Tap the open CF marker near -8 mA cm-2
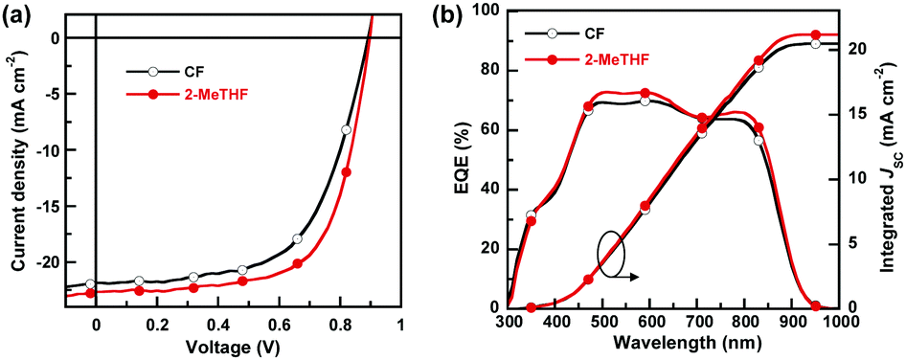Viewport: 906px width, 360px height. tap(346, 130)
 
